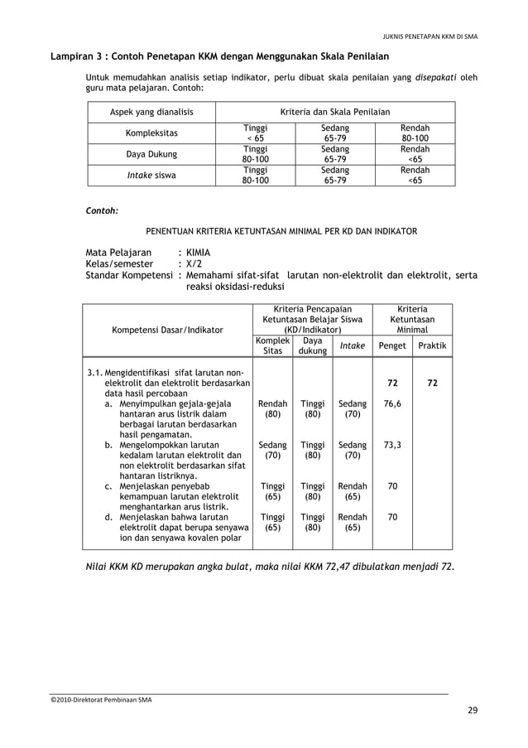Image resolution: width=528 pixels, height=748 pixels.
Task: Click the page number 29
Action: (472, 710)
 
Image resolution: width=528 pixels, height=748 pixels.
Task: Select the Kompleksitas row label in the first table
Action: (151, 133)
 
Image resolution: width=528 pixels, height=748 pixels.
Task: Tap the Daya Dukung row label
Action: (151, 154)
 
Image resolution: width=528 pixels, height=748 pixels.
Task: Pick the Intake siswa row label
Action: (151, 175)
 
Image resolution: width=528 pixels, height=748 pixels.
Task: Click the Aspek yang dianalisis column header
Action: (151, 112)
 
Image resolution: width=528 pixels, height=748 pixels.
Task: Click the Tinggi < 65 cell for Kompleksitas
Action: (255, 133)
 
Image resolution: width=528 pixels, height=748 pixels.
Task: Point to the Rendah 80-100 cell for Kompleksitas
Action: (415, 133)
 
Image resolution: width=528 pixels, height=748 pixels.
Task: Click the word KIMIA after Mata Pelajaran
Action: (199, 253)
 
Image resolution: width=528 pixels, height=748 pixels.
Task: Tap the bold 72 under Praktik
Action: (432, 384)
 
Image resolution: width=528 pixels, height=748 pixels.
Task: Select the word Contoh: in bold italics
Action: (103, 211)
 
